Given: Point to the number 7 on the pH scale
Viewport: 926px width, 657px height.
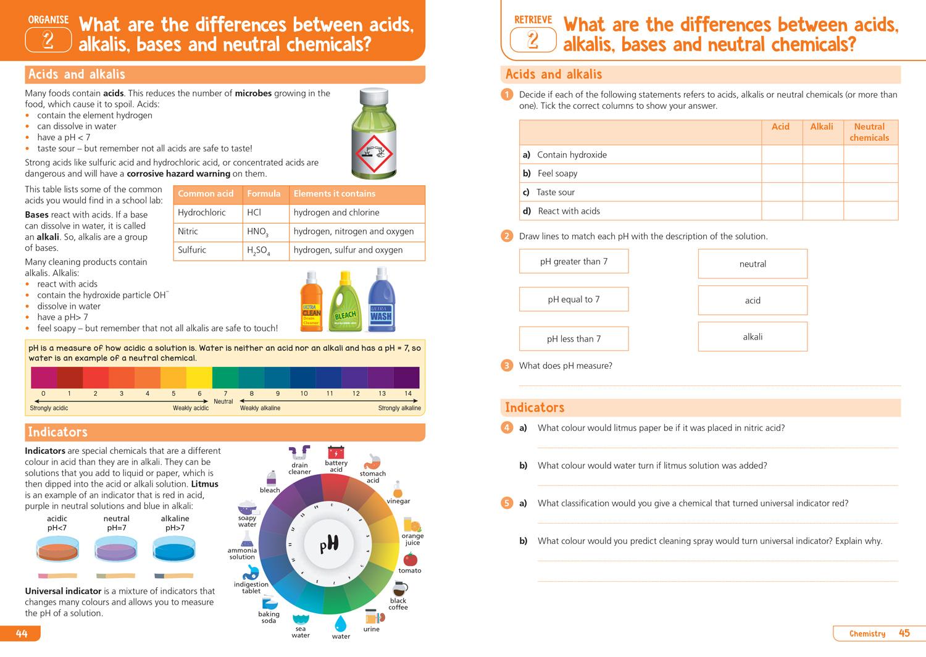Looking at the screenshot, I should coord(225,393).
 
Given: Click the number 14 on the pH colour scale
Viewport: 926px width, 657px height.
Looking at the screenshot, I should coord(407,393).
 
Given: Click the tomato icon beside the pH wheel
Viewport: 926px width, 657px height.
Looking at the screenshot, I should coord(410,559).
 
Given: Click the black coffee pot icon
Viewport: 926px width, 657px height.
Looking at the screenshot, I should coord(399,588).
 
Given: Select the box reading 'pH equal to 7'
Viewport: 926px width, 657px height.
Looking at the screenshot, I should coord(574,299).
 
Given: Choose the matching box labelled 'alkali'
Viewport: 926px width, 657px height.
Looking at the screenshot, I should coord(753,337).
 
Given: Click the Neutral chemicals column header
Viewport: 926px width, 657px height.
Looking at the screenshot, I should coord(869,132).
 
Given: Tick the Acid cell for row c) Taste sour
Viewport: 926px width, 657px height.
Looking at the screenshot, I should coord(781,192).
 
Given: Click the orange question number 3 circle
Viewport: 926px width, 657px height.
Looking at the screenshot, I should coord(507,366).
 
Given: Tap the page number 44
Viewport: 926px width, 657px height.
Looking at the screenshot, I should coord(22,634).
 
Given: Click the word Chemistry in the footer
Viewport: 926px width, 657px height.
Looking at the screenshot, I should coord(867,634).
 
